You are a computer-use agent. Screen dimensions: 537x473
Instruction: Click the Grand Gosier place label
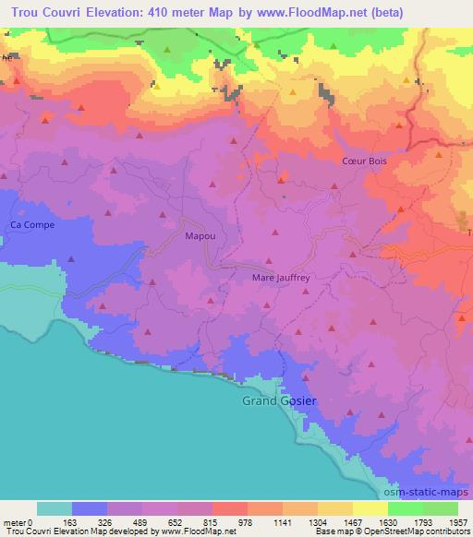tap(278, 401)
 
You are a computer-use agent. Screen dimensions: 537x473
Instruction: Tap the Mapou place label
tap(200, 237)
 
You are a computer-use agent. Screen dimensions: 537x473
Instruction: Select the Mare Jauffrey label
tap(280, 276)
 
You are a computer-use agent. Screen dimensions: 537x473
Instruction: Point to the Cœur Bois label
tap(365, 161)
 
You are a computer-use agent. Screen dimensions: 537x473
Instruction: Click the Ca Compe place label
tap(32, 225)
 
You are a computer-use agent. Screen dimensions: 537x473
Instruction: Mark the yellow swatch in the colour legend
tap(370, 508)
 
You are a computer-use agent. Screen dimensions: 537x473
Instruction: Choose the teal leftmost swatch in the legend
tap(55, 508)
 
